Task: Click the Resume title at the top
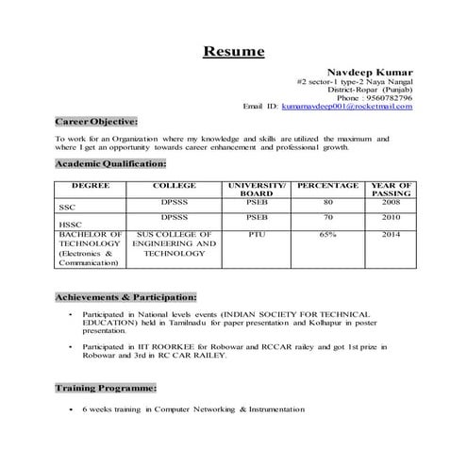pyautogui.click(x=234, y=51)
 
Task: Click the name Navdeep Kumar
pyautogui.click(x=369, y=72)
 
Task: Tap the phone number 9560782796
pyautogui.click(x=389, y=97)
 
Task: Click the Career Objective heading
pyautogui.click(x=96, y=122)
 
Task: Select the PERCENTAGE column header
pyautogui.click(x=328, y=185)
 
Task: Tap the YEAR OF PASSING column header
pyautogui.click(x=392, y=190)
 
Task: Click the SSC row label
pyautogui.click(x=66, y=206)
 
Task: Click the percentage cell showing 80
pyautogui.click(x=328, y=201)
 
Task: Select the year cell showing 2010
pyautogui.click(x=392, y=216)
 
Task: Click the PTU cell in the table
pyautogui.click(x=257, y=231)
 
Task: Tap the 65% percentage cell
pyautogui.click(x=328, y=231)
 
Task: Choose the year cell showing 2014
pyautogui.click(x=392, y=231)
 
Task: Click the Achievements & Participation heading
pyautogui.click(x=125, y=296)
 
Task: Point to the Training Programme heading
pyautogui.click(x=106, y=388)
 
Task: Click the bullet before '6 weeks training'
pyautogui.click(x=72, y=409)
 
